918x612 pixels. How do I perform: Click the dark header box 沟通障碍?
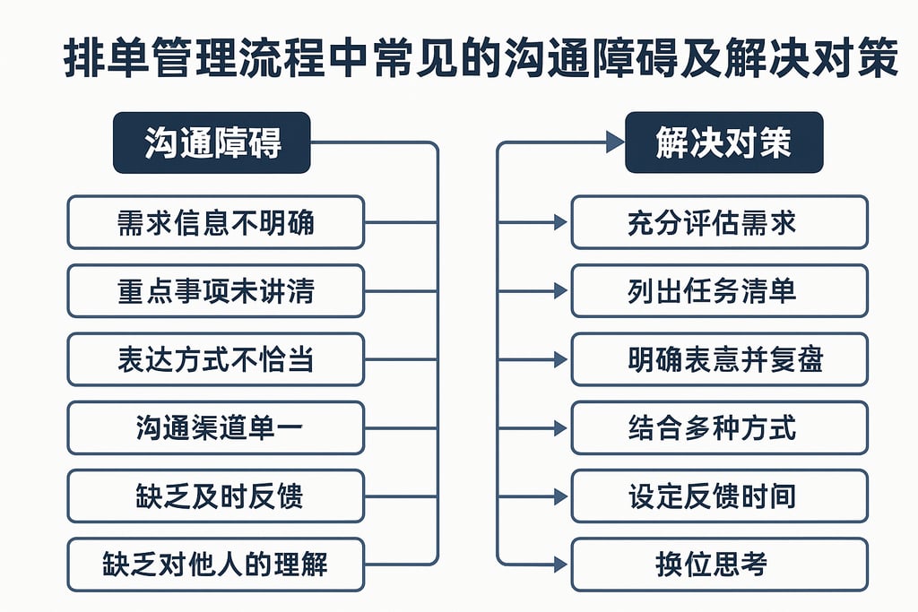[x=212, y=142]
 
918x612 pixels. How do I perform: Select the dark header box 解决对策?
[x=723, y=142]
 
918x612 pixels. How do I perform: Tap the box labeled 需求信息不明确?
[x=215, y=222]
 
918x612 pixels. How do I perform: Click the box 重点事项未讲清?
[x=215, y=290]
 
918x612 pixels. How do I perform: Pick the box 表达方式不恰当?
[x=215, y=359]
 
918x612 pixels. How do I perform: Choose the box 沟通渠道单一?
[x=215, y=427]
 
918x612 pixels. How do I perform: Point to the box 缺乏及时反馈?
[x=215, y=496]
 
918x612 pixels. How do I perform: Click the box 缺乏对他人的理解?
[x=215, y=565]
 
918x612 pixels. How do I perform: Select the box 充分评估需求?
[x=719, y=222]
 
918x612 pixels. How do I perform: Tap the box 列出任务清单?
[x=719, y=290]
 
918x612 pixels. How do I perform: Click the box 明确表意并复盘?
[x=719, y=359]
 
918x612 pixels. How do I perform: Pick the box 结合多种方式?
[x=719, y=427]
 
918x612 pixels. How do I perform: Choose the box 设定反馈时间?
[x=719, y=496]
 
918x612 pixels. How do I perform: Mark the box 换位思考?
[x=719, y=565]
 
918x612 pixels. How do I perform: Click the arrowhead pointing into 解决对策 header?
[x=614, y=142]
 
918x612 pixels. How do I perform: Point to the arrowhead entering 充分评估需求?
[x=560, y=221]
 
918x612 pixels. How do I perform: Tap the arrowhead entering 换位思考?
[x=560, y=564]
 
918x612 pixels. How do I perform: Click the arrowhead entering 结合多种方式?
[x=560, y=427]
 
